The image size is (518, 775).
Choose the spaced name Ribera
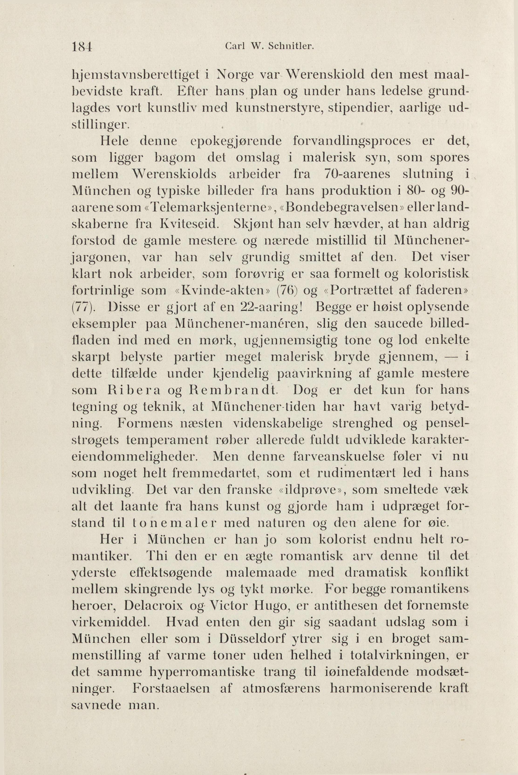click(x=133, y=390)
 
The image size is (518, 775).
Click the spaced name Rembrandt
click(x=232, y=390)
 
